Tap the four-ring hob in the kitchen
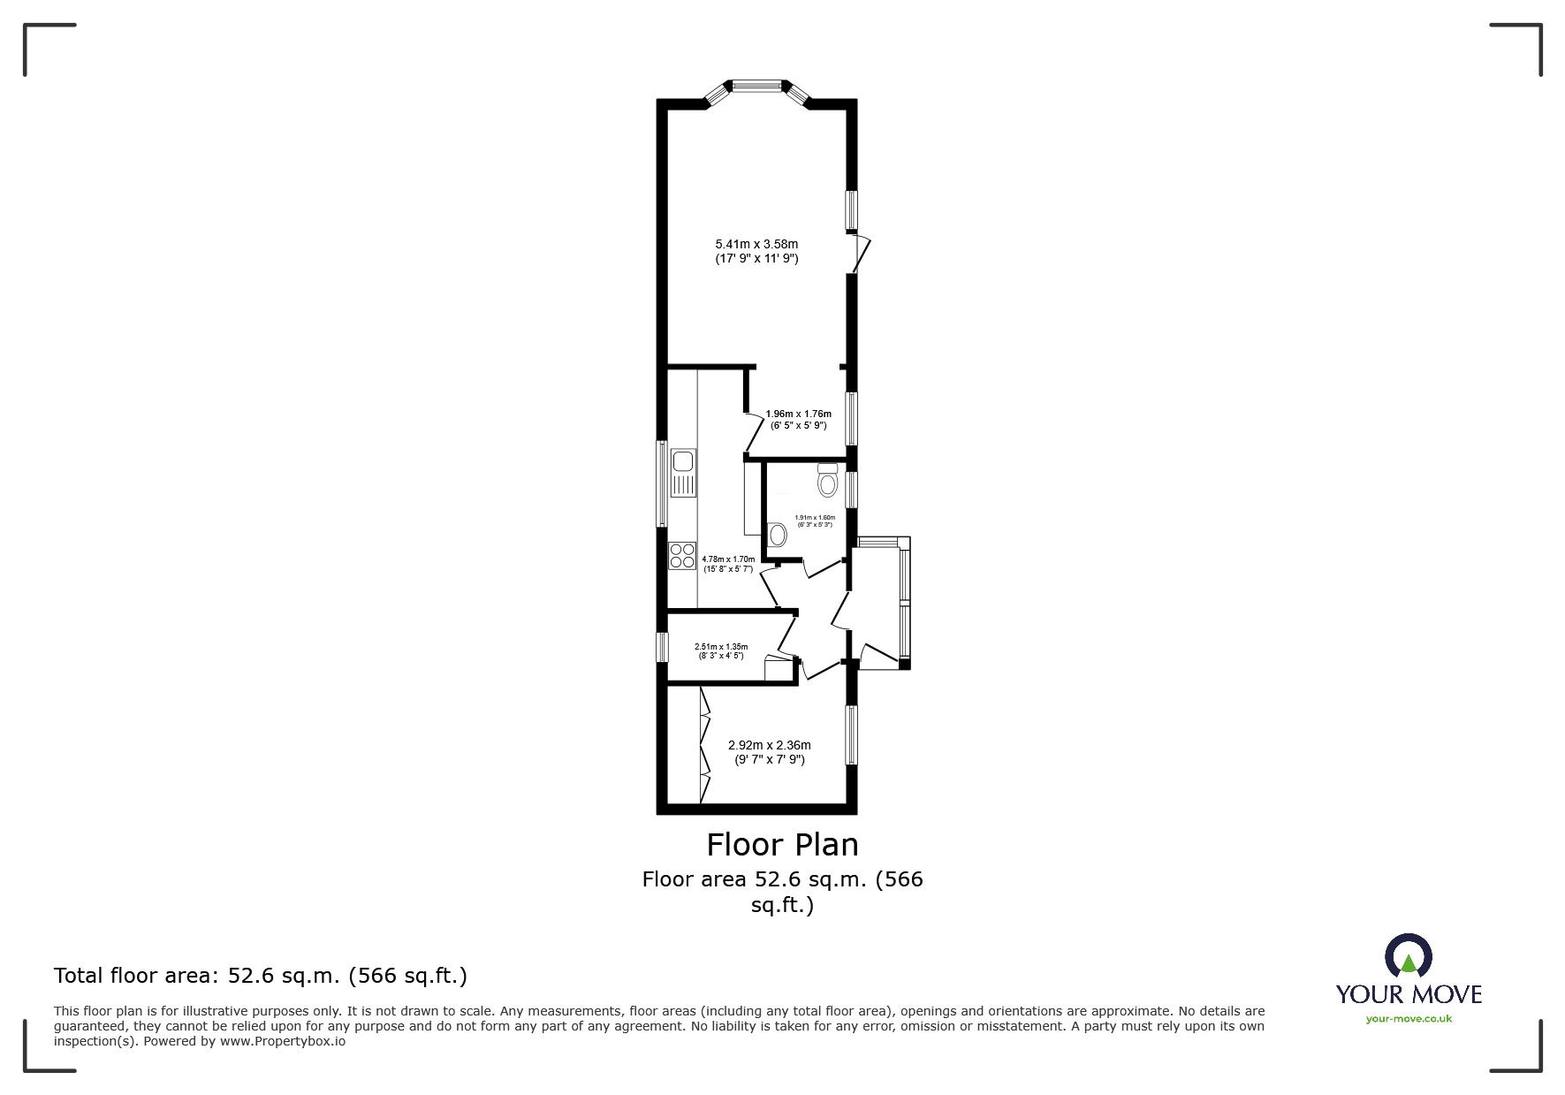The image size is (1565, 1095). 682,556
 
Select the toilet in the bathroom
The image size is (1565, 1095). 827,480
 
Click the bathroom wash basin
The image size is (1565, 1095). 778,534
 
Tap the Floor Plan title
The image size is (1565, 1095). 782,845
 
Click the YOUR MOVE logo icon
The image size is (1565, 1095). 1408,957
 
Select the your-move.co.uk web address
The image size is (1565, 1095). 1409,1018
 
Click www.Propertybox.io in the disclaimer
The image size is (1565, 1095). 283,1041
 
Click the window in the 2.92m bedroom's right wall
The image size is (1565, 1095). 852,734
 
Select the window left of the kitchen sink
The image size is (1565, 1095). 660,483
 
